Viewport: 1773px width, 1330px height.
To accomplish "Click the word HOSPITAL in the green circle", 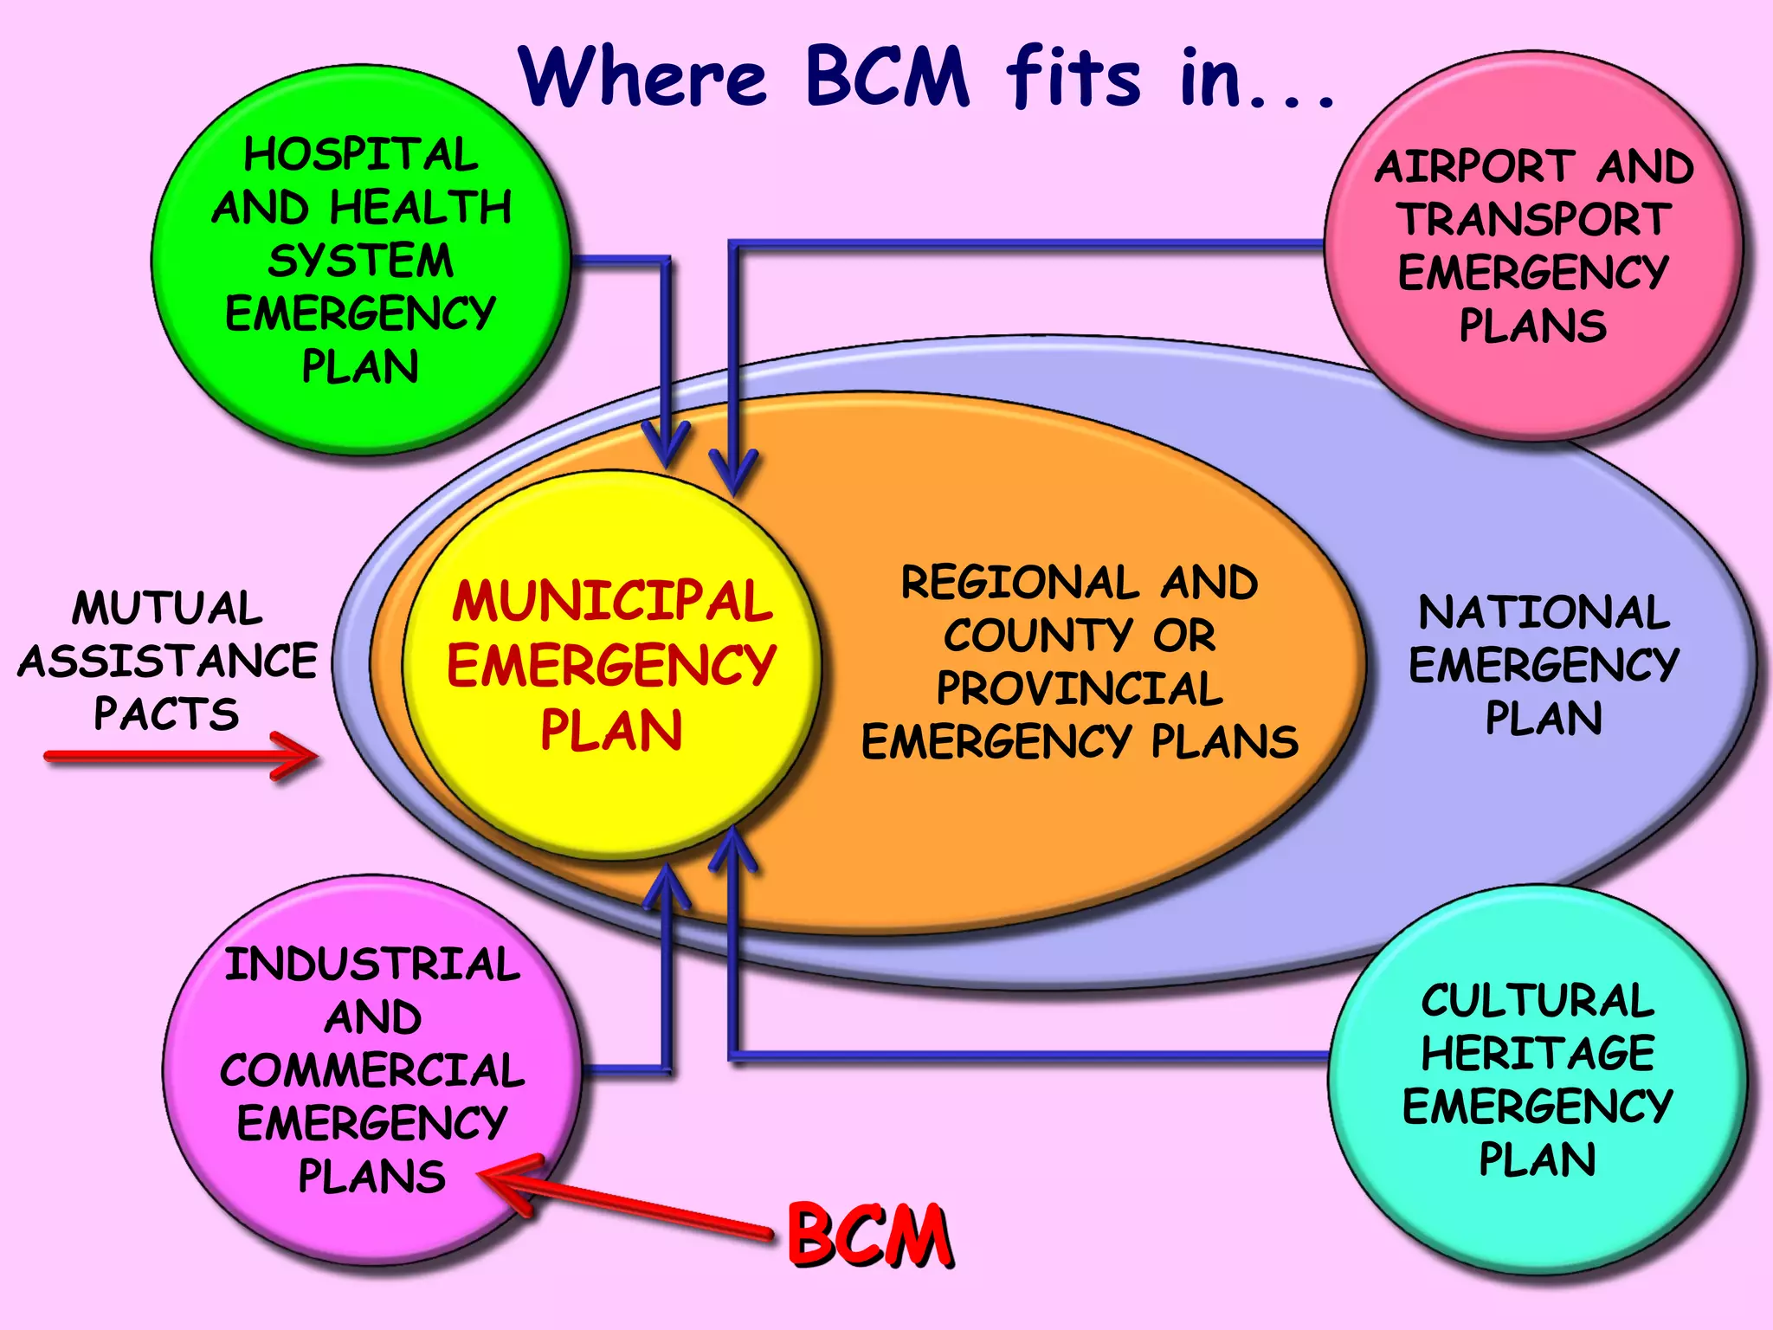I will (x=360, y=156).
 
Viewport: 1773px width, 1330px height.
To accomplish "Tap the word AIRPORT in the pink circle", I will (x=1473, y=166).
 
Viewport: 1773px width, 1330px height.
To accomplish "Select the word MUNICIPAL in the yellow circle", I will (x=611, y=601).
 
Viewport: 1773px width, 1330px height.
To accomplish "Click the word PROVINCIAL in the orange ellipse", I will (x=1079, y=689).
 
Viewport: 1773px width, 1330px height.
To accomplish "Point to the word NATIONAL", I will (x=1544, y=613).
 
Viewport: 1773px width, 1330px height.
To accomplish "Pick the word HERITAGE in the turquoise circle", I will (x=1538, y=1054).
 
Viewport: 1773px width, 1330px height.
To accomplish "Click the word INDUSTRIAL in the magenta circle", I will (x=372, y=965).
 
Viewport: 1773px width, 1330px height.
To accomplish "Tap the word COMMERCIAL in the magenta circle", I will (x=372, y=1071).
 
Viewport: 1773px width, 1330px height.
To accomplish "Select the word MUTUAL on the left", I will (x=167, y=608).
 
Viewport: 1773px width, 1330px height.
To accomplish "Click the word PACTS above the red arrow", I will (x=165, y=714).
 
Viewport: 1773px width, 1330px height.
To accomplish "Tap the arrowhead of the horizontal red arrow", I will (x=299, y=756).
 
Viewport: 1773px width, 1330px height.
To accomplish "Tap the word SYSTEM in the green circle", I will (x=360, y=261).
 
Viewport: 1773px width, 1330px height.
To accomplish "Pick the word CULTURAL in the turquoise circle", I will (x=1538, y=1001).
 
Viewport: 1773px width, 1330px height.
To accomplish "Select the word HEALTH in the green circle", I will (x=421, y=208).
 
